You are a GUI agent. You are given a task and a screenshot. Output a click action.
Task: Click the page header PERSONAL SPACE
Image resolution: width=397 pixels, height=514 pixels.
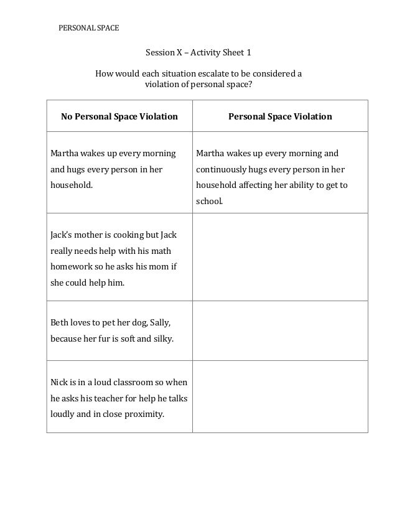pyautogui.click(x=88, y=28)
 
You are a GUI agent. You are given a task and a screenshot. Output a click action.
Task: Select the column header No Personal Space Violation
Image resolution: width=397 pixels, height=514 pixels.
pyautogui.click(x=119, y=116)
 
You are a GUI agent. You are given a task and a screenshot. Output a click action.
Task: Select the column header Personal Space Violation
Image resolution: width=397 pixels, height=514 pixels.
pyautogui.click(x=280, y=116)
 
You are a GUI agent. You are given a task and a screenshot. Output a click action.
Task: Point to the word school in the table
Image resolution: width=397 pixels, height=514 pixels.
pyautogui.click(x=208, y=202)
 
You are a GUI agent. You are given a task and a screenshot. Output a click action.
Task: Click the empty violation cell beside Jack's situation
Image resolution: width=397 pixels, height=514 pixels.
pyautogui.click(x=280, y=256)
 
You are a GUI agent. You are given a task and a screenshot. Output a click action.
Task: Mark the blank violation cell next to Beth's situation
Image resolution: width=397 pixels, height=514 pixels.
pyautogui.click(x=280, y=330)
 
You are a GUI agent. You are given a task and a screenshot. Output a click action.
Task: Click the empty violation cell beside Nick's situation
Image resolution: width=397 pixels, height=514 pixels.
pyautogui.click(x=280, y=396)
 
